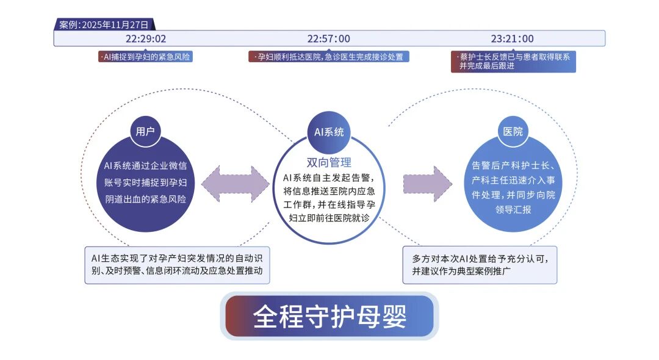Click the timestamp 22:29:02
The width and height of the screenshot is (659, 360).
(x=146, y=38)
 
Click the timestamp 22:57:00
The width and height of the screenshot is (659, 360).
(x=328, y=38)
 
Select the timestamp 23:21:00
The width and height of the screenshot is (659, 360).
(x=512, y=38)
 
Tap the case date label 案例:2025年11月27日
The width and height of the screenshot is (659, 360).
(x=104, y=24)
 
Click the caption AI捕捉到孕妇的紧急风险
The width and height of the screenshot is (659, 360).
(x=146, y=57)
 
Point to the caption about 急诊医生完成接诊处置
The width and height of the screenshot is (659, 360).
(x=329, y=57)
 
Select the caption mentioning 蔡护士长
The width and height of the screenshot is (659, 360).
(x=513, y=62)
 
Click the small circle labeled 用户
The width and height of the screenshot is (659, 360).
(x=145, y=131)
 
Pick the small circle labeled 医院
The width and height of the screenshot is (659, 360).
(x=513, y=131)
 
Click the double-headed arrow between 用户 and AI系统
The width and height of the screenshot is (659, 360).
(x=236, y=184)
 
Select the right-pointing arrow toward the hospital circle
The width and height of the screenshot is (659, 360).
(x=427, y=184)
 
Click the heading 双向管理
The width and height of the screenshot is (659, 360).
(x=329, y=162)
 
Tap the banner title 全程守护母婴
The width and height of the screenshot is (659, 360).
(x=329, y=316)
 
